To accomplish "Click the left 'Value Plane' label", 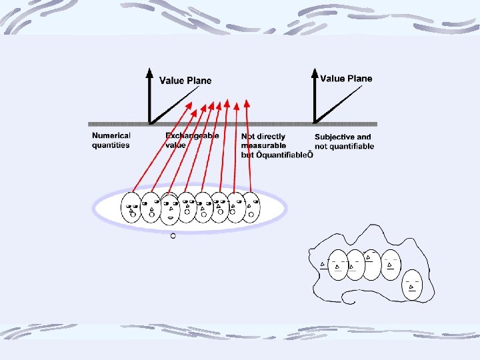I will pyautogui.click(x=185, y=81).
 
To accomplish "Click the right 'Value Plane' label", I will pyautogui.click(x=346, y=78).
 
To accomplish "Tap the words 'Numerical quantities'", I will pyautogui.click(x=111, y=141).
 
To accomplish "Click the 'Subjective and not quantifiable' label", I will pyautogui.click(x=344, y=141).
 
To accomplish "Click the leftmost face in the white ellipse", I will pyautogui.click(x=131, y=208).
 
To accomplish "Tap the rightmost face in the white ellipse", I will pyautogui.click(x=251, y=208).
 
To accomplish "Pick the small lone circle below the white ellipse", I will pyautogui.click(x=173, y=236).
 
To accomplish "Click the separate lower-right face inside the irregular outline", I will pyautogui.click(x=413, y=285).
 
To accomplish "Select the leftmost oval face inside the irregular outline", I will pyautogui.click(x=339, y=265).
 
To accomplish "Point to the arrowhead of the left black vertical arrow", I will pyautogui.click(x=149, y=73).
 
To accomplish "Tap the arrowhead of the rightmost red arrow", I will pyautogui.click(x=247, y=104).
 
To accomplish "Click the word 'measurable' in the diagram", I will pyautogui.click(x=263, y=145).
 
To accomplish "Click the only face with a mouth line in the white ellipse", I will pyautogui.click(x=170, y=208).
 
